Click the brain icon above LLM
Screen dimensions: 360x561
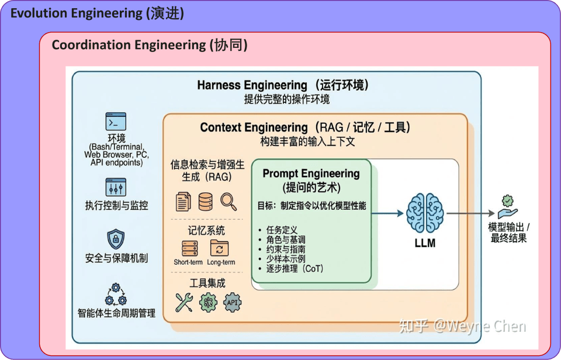click(x=425, y=212)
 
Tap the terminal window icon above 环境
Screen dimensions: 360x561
click(x=116, y=122)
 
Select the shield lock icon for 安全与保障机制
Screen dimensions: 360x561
click(x=116, y=238)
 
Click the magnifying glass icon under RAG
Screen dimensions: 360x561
click(x=228, y=202)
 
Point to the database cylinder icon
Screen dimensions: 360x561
click(x=206, y=202)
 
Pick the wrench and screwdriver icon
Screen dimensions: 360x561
click(x=184, y=302)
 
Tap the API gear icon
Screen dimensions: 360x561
click(x=233, y=302)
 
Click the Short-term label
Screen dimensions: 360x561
click(x=188, y=262)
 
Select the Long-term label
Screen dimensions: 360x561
click(x=221, y=262)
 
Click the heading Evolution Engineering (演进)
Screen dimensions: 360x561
click(x=97, y=13)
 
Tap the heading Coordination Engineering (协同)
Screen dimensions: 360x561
click(x=150, y=45)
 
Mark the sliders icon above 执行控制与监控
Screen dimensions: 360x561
click(x=116, y=187)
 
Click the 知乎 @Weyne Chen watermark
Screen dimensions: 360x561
click(x=462, y=326)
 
